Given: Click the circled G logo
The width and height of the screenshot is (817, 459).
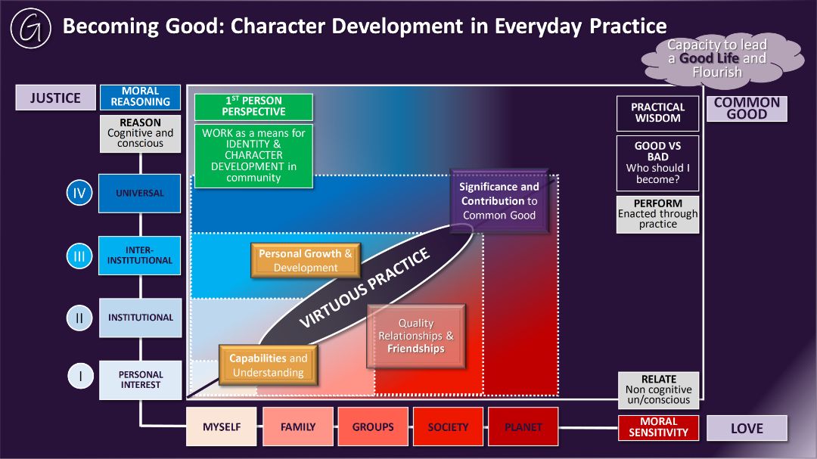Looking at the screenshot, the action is tap(31, 28).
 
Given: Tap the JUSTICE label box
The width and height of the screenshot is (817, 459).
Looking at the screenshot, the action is tap(55, 98).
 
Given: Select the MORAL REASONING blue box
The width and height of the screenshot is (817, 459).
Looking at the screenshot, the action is tap(140, 97).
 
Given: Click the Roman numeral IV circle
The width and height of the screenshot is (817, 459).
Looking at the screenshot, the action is tap(79, 193).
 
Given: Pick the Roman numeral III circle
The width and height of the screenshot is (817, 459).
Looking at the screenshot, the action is tap(79, 256).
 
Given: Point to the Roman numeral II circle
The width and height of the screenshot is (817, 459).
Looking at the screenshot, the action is tap(79, 318).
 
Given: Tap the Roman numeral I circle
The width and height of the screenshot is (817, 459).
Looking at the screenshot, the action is tap(80, 376).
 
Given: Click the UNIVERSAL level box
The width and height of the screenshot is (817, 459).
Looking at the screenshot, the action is tap(140, 194).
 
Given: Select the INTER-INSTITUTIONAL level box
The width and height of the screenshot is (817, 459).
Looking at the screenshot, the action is tap(140, 256).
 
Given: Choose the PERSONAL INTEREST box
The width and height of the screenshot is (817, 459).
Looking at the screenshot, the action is tap(140, 380).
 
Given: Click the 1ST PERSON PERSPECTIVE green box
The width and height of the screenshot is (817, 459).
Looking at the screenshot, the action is tap(253, 107).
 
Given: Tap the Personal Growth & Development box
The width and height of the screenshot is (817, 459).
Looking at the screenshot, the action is tap(306, 260).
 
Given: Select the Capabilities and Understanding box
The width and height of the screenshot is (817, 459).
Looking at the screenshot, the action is tap(269, 365).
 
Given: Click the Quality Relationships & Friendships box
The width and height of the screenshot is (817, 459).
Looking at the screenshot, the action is tap(416, 336).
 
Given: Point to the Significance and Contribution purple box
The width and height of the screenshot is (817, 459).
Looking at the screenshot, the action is tap(499, 200).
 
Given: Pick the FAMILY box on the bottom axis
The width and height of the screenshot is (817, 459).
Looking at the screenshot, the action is tap(298, 426).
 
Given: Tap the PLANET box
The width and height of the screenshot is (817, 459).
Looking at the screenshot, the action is tap(523, 426).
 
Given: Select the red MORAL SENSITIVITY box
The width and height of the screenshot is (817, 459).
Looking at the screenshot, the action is tap(658, 427).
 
